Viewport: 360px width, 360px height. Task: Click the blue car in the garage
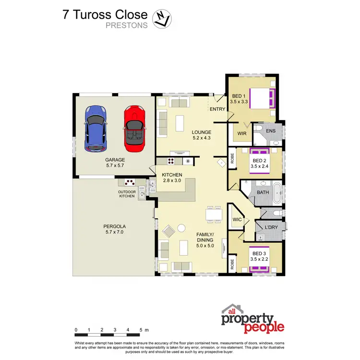point(96,127)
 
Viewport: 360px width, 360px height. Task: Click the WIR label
point(241,134)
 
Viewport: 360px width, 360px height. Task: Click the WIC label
point(237,220)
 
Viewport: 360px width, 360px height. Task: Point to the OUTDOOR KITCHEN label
point(127,194)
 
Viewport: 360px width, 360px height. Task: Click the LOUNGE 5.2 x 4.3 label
point(202,135)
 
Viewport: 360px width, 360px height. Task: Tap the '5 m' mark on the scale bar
point(144,330)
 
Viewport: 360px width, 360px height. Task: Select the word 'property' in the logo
point(247,319)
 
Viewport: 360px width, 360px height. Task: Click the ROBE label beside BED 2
point(232,158)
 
